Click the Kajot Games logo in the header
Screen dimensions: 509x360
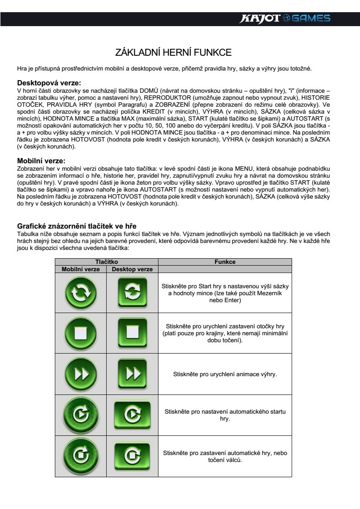click(286, 18)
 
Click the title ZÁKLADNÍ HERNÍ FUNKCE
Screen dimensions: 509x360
click(173, 53)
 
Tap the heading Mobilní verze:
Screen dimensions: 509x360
click(41, 161)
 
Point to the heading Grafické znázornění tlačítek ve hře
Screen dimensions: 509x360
click(77, 226)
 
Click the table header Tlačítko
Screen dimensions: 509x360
click(107, 262)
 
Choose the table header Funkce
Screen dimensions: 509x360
click(225, 262)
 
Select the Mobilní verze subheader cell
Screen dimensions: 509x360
click(81, 269)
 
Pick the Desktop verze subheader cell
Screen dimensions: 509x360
click(132, 269)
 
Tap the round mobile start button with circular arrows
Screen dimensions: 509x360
click(81, 293)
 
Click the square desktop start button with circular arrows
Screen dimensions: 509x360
click(132, 293)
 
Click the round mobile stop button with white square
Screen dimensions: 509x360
click(81, 333)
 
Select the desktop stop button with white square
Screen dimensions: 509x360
click(132, 333)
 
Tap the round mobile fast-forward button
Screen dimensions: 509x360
click(81, 374)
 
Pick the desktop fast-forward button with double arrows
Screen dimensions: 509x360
click(132, 374)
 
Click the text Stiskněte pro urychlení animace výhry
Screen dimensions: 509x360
click(225, 374)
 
